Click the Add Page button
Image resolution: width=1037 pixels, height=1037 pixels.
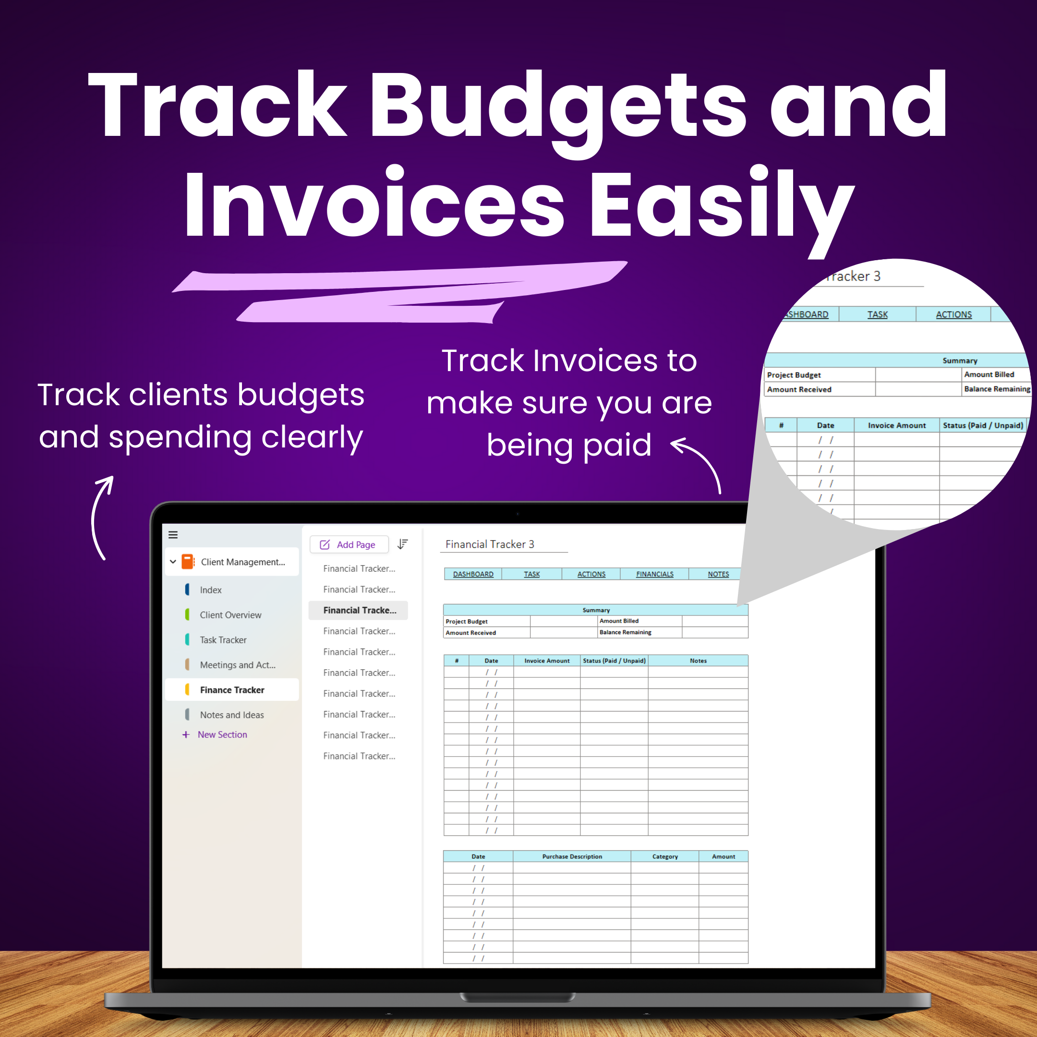point(349,544)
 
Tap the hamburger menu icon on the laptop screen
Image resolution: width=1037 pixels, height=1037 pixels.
point(173,535)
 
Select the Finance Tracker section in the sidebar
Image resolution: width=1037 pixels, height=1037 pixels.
point(232,690)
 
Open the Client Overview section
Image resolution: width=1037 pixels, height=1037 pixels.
point(230,615)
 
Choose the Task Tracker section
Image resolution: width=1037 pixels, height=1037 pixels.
point(223,640)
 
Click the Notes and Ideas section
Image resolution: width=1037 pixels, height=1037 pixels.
point(231,715)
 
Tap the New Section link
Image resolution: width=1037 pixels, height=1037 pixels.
point(222,734)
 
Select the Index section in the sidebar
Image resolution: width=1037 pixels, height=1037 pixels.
point(210,590)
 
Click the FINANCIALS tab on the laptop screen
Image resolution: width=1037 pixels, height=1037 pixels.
point(654,574)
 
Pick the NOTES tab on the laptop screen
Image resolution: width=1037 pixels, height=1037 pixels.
point(718,574)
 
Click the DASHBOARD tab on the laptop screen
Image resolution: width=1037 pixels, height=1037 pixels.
point(473,574)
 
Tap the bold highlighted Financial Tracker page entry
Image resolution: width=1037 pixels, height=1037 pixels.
point(360,610)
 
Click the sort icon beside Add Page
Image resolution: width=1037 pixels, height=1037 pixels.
point(403,544)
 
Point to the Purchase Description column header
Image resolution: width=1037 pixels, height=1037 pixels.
point(572,856)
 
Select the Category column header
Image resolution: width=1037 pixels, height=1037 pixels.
point(664,856)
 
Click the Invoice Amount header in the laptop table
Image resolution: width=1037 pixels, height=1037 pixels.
point(546,661)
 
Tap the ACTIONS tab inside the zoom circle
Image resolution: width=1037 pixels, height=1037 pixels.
point(953,314)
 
